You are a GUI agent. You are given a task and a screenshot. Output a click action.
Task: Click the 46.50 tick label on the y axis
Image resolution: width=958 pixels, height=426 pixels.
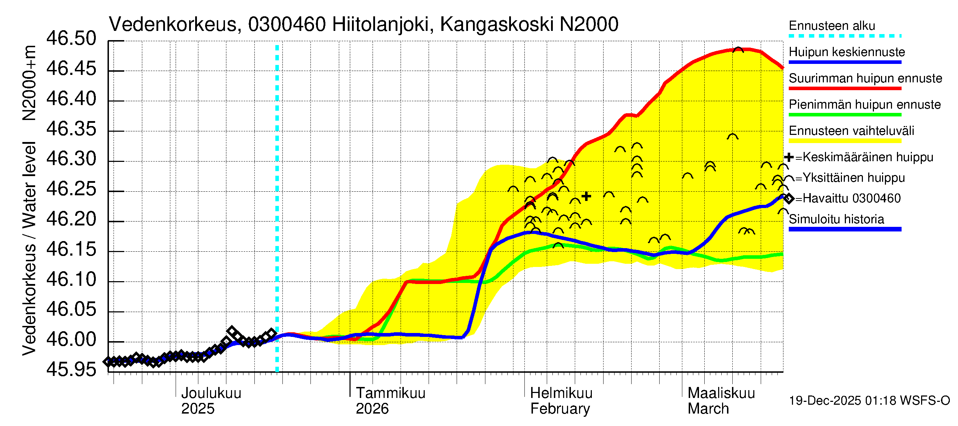coord(71,39)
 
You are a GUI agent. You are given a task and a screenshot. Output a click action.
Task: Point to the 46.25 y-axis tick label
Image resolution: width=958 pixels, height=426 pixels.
coord(71,189)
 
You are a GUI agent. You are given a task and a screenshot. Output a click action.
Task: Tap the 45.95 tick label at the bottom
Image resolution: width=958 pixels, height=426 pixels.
coord(71,370)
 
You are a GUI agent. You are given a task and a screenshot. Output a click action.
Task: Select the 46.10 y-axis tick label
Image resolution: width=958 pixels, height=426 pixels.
coord(71,280)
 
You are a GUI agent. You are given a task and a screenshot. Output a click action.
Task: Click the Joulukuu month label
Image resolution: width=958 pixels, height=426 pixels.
coord(211,393)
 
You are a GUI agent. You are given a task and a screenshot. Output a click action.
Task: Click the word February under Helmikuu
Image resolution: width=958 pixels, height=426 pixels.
coord(560,409)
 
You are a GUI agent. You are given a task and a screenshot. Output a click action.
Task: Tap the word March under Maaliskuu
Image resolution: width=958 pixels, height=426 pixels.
coord(708,409)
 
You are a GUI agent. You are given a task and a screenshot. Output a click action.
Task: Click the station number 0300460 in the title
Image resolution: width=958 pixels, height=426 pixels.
coord(287,24)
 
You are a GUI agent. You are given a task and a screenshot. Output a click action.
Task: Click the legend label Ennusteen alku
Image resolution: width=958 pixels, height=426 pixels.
coord(832,26)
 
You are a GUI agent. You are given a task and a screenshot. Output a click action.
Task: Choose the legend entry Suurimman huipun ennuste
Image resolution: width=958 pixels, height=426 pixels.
coord(865,78)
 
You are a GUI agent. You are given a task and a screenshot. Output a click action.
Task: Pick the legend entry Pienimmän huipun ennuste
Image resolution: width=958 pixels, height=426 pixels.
coord(864,104)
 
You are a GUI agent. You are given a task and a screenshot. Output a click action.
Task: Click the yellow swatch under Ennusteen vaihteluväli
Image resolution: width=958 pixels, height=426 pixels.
coord(844,141)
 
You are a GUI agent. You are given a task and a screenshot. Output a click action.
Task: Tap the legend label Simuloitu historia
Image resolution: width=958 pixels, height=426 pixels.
coord(836,219)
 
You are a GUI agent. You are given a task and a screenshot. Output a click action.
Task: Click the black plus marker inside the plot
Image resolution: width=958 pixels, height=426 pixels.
coord(587,196)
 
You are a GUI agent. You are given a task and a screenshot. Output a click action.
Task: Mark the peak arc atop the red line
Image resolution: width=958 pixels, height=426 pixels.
coord(738,50)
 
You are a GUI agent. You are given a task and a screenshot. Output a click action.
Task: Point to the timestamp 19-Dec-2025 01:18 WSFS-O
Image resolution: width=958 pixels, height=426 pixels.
coord(869,401)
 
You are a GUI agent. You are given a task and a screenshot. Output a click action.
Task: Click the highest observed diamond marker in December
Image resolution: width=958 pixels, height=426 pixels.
coord(232,331)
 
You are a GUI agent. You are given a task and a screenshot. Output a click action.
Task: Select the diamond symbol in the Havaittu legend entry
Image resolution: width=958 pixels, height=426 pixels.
coord(788,199)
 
